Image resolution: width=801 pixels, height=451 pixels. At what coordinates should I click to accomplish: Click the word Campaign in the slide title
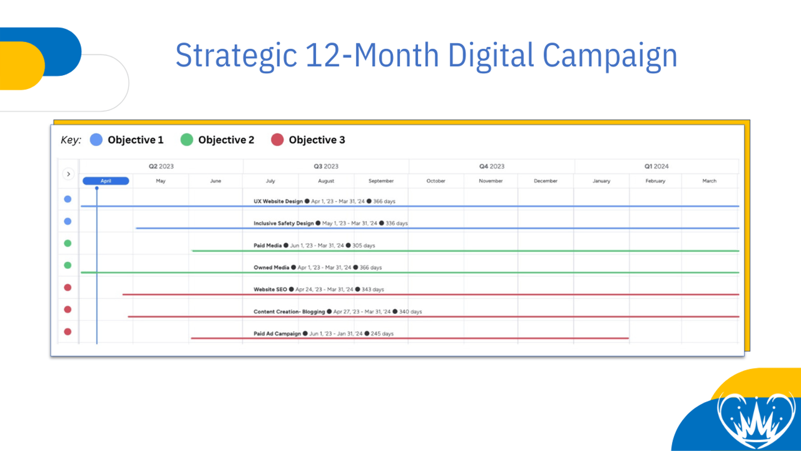click(x=610, y=56)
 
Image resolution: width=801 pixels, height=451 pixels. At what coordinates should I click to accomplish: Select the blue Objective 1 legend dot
click(x=96, y=140)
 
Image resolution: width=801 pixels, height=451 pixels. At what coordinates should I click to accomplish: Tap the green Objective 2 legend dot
click(x=186, y=140)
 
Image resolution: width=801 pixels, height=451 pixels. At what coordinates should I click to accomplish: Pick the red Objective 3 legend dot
click(x=277, y=140)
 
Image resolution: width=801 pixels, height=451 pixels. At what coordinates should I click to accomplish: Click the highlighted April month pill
click(x=106, y=181)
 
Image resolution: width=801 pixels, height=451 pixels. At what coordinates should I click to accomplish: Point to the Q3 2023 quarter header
click(x=326, y=166)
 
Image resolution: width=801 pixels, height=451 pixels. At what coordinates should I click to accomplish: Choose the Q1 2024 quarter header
click(x=656, y=166)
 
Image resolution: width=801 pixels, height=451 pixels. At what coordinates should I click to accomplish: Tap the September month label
click(x=381, y=181)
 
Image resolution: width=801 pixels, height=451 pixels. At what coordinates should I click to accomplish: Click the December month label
click(x=546, y=181)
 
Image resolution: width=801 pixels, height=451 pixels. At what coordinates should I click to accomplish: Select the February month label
click(x=655, y=181)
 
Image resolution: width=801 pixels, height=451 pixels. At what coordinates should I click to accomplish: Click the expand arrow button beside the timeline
click(x=68, y=174)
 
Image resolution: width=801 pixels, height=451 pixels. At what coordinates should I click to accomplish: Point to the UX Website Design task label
click(x=278, y=201)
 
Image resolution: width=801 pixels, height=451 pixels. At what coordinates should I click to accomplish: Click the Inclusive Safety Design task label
click(x=284, y=223)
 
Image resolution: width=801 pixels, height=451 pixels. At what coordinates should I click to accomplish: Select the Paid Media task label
click(x=268, y=246)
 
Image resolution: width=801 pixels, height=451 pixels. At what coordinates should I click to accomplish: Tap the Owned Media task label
click(x=272, y=268)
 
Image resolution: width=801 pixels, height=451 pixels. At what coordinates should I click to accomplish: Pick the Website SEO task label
click(x=270, y=289)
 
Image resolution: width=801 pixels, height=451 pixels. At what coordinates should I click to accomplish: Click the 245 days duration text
click(x=382, y=334)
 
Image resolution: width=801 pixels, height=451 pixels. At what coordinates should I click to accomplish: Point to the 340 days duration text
click(x=411, y=312)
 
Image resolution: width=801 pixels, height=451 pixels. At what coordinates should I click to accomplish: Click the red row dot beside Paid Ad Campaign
click(x=68, y=332)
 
